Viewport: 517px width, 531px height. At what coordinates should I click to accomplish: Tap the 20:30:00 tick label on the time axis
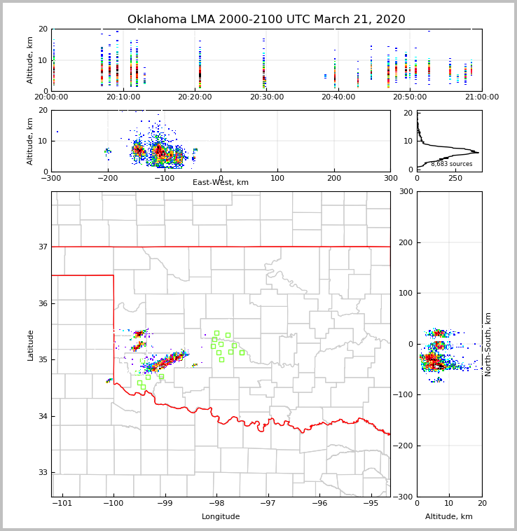click(x=267, y=97)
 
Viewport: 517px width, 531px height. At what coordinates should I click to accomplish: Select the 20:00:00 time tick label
click(x=52, y=97)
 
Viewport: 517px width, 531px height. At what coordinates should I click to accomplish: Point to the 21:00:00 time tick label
click(x=482, y=97)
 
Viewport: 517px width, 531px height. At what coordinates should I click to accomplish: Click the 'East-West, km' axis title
click(x=221, y=183)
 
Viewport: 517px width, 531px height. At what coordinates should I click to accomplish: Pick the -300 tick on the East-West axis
click(x=51, y=178)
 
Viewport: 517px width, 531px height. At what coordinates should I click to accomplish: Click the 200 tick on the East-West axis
click(x=333, y=178)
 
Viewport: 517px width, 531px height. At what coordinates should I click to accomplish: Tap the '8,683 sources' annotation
click(x=451, y=164)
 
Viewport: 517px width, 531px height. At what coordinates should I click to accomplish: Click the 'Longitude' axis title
click(x=221, y=517)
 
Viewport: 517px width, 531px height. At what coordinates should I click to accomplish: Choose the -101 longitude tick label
click(x=62, y=503)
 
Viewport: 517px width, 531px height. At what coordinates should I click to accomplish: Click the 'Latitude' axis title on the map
click(x=31, y=345)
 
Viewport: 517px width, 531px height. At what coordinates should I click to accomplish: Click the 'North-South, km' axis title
click(x=488, y=344)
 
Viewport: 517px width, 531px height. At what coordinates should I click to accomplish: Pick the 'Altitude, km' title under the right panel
click(x=449, y=517)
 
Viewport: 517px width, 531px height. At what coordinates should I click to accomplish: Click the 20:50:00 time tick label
click(x=410, y=97)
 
